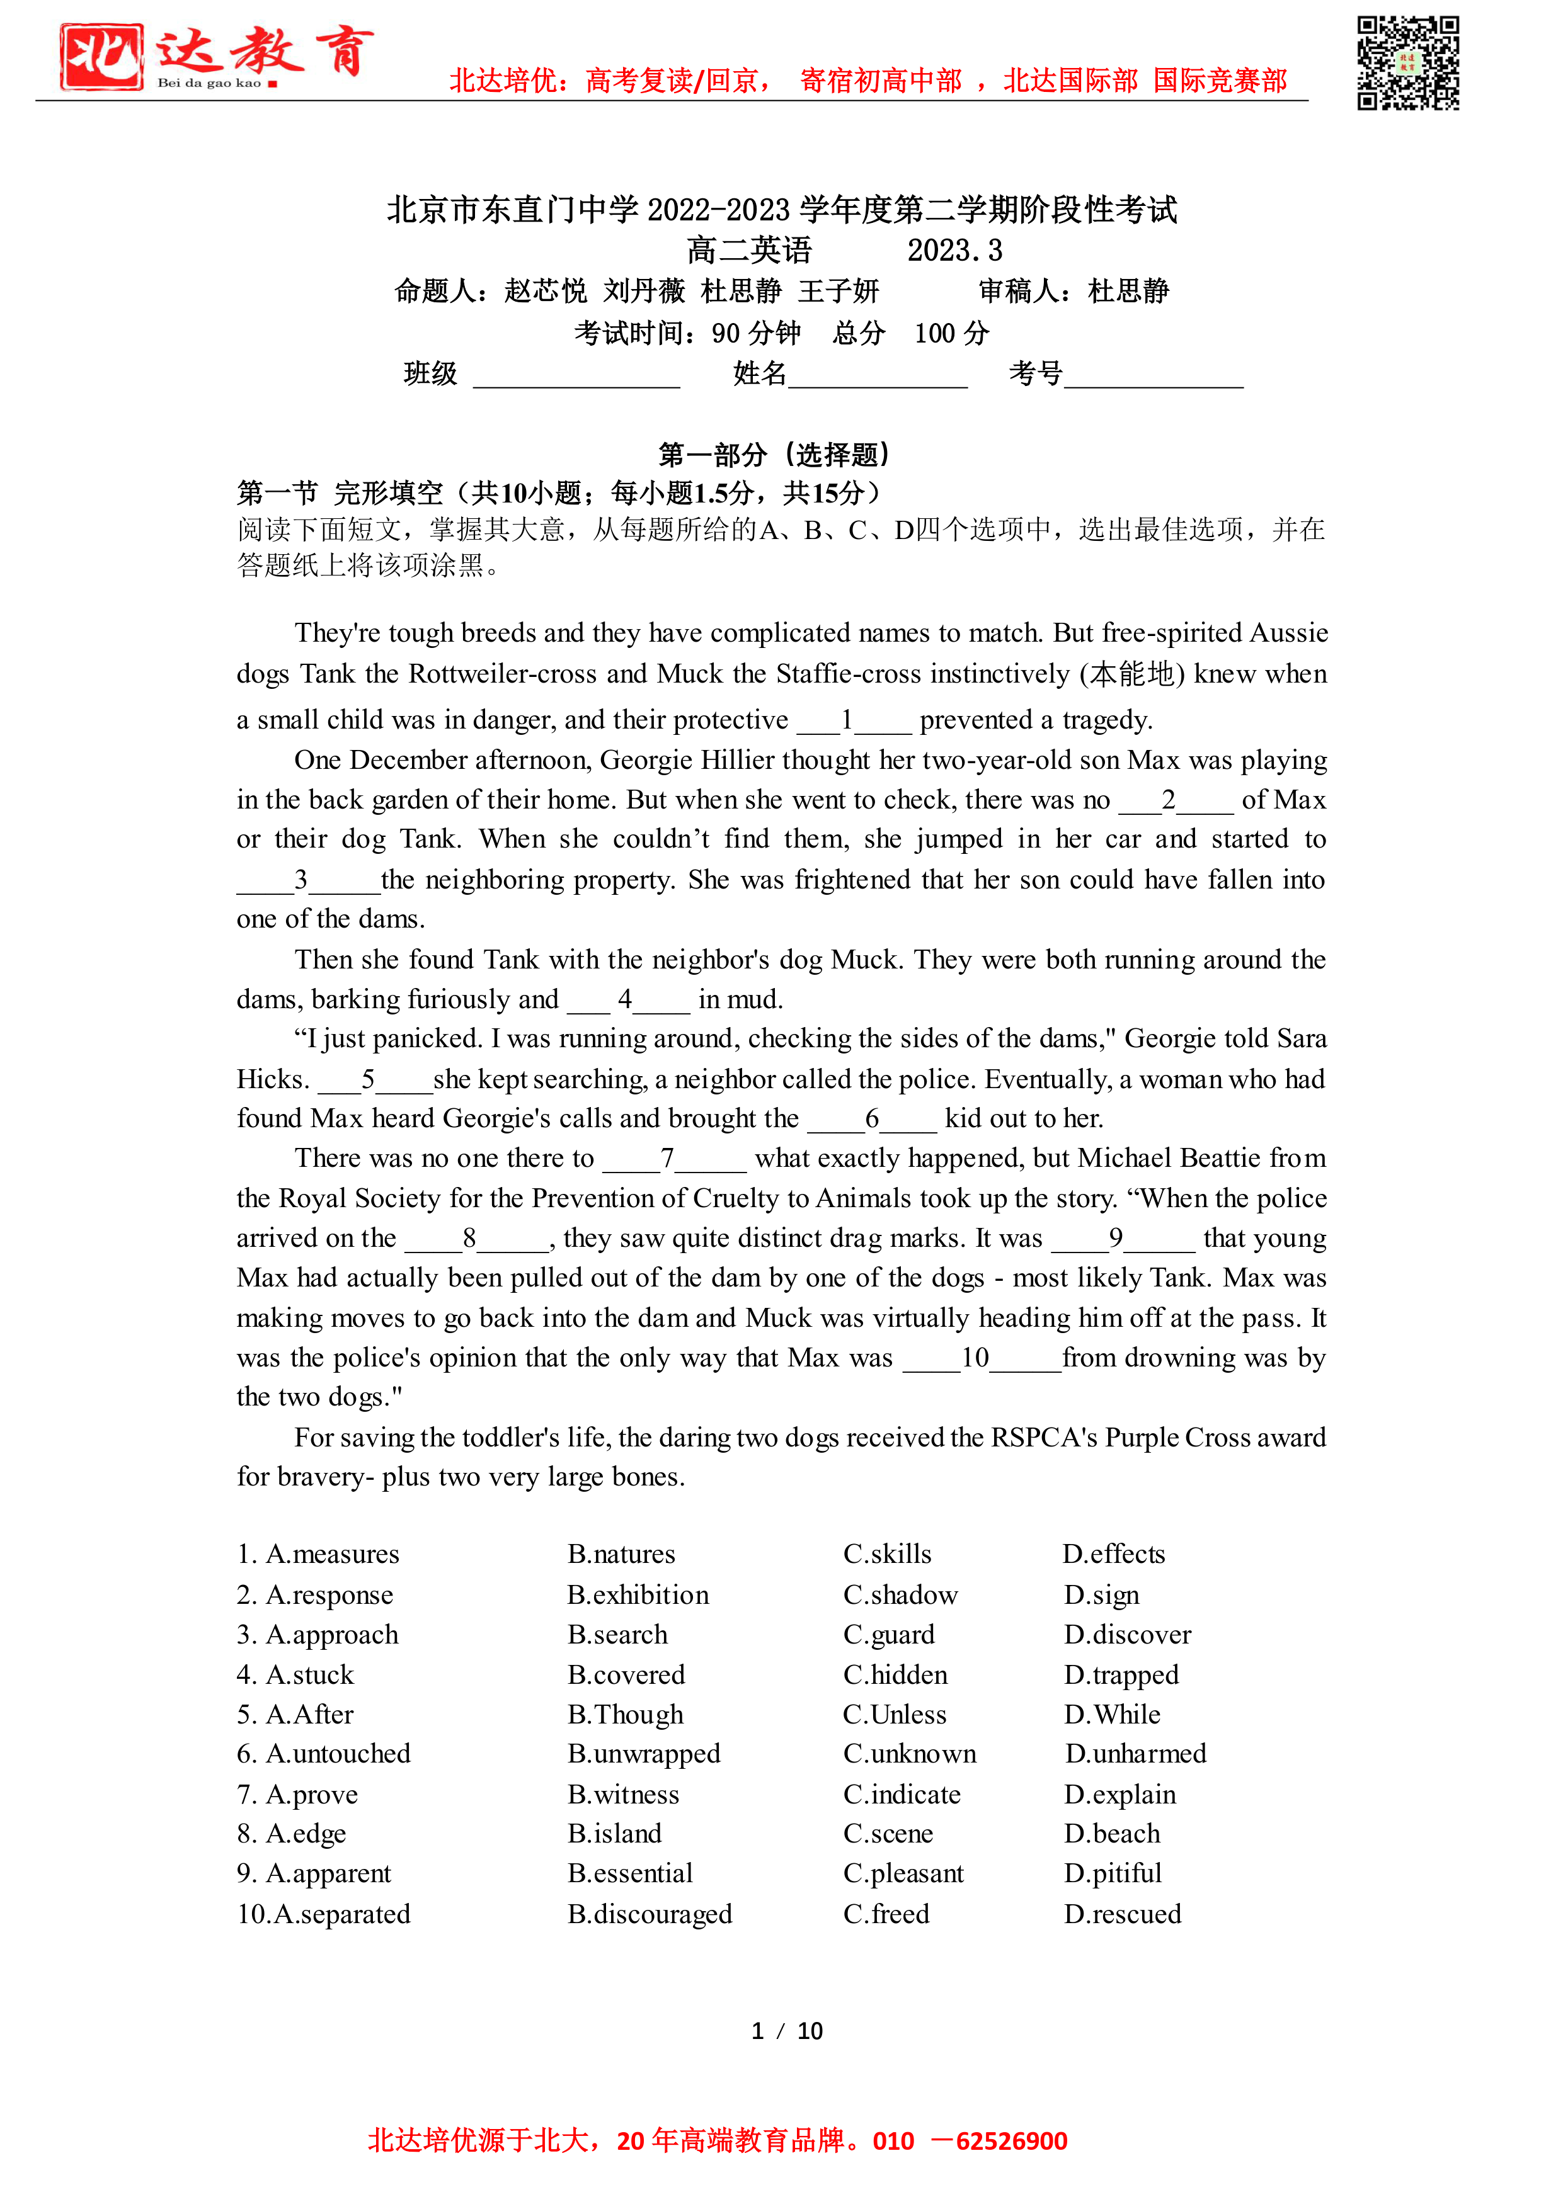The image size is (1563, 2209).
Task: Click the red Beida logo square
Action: (100, 58)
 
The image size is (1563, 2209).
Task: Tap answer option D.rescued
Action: (1122, 1914)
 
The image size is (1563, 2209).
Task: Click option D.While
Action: (1112, 1715)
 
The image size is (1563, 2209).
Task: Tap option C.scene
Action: (888, 1834)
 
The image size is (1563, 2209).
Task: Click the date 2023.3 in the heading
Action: (954, 251)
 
